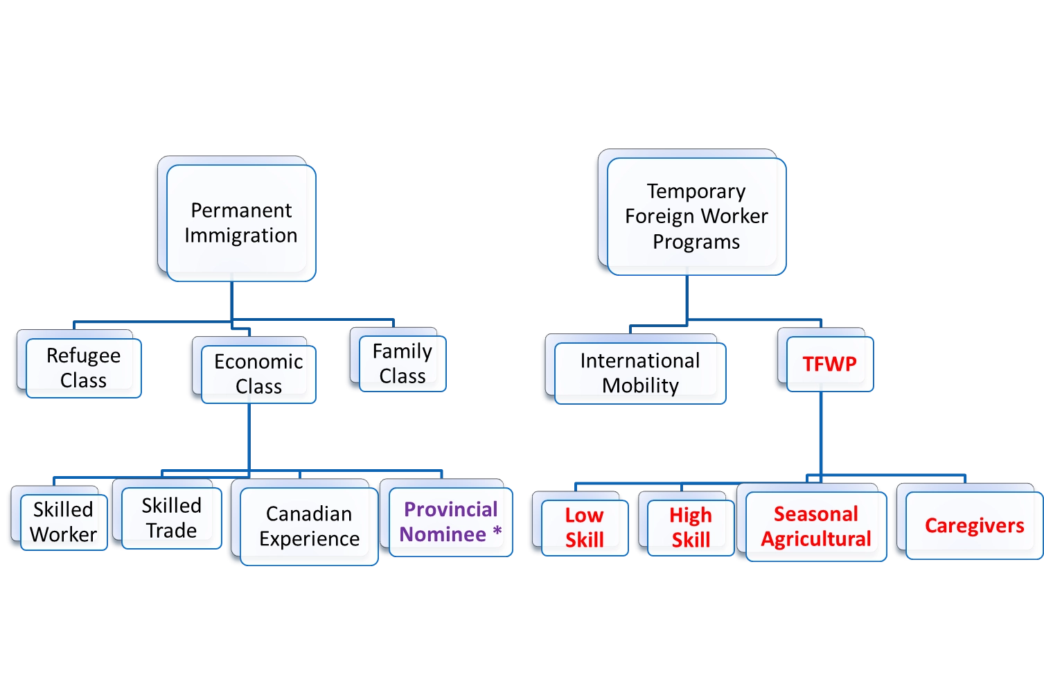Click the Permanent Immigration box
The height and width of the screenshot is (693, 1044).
tap(240, 222)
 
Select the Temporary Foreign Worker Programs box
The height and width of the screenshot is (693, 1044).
tap(696, 216)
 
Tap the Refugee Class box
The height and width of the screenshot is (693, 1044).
tap(83, 368)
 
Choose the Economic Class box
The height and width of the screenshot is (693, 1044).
tap(258, 374)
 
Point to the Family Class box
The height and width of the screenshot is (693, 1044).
tap(402, 364)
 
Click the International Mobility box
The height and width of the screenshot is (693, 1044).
tap(639, 373)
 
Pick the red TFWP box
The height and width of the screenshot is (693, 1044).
tap(829, 364)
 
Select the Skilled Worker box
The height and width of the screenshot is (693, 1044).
tap(63, 522)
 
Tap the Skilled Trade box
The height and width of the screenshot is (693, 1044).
tap(171, 518)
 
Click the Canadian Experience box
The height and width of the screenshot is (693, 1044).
tap(309, 526)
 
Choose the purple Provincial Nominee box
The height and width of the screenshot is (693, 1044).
tap(450, 522)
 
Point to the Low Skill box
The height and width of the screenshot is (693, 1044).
tap(584, 527)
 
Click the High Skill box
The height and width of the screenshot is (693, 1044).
tap(690, 527)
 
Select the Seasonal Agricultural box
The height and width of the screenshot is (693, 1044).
tap(815, 526)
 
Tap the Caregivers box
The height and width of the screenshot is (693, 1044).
tap(973, 525)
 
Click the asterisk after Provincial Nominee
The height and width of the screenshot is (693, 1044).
tap(497, 533)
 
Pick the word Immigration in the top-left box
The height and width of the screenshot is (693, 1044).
tap(240, 236)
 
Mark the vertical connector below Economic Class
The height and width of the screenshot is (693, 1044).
tap(247, 437)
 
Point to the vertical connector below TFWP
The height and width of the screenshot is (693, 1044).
tap(820, 433)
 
